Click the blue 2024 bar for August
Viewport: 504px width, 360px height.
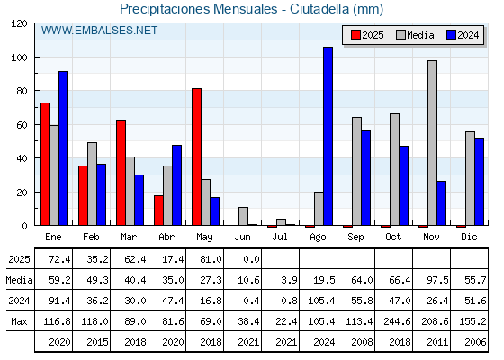coord(328,136)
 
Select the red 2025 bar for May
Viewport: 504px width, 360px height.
coord(196,157)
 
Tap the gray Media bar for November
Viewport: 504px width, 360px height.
coord(432,143)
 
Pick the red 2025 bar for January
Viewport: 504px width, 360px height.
coord(45,164)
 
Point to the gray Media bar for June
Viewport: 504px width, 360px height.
coord(243,216)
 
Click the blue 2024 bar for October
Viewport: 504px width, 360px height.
coord(404,185)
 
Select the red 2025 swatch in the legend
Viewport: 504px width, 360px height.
coord(355,35)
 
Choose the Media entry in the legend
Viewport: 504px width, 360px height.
coord(415,35)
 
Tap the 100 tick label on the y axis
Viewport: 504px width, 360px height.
coord(19,58)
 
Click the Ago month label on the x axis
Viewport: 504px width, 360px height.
coord(318,238)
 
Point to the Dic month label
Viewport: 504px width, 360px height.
coord(469,237)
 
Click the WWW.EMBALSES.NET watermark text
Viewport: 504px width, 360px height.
coord(99,31)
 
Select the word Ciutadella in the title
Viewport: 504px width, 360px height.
coord(319,9)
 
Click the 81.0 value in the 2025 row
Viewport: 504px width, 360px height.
coord(211,259)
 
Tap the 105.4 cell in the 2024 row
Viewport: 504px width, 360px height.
coord(321,301)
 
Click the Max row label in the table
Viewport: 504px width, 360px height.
coord(19,321)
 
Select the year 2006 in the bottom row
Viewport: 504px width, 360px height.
coord(475,342)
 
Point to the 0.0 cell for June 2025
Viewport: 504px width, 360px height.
coord(251,259)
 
